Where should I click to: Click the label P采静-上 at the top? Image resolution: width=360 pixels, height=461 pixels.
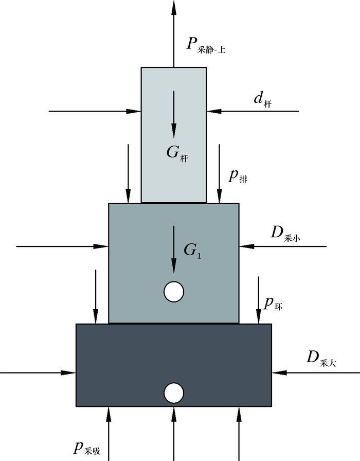click(x=206, y=45)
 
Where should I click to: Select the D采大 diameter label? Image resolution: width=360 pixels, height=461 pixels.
click(x=321, y=358)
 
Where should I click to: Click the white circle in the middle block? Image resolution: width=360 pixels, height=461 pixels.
click(x=174, y=292)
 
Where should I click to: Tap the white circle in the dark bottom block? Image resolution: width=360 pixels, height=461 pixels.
click(x=174, y=393)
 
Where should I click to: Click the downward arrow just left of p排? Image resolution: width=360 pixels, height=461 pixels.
click(x=220, y=173)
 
